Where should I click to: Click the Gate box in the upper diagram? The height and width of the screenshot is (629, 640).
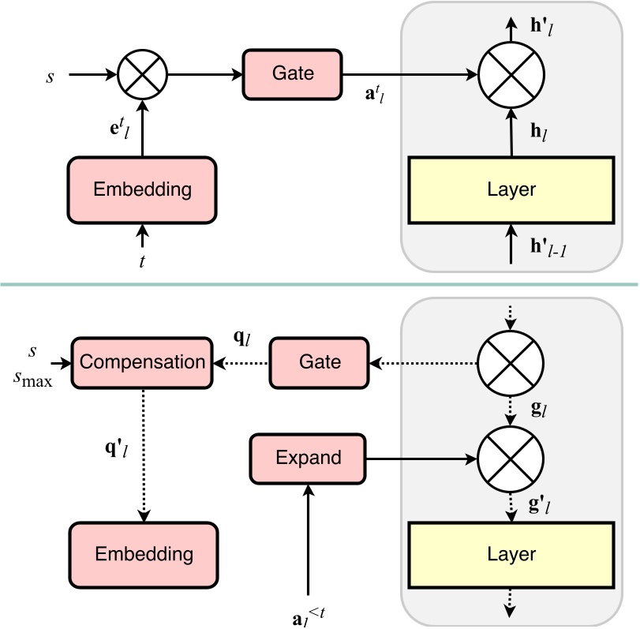click(x=293, y=74)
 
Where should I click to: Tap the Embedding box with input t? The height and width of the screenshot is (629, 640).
click(x=142, y=189)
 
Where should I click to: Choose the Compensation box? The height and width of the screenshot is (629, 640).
click(x=142, y=362)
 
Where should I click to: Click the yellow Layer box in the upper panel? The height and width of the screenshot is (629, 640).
click(x=512, y=189)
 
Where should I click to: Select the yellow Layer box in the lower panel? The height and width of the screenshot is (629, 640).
click(x=512, y=553)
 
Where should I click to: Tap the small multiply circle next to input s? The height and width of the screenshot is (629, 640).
click(x=141, y=75)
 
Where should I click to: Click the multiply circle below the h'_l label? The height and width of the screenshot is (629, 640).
click(x=512, y=75)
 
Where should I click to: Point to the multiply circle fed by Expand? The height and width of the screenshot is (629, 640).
click(x=512, y=457)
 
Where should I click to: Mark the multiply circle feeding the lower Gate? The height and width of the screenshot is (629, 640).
click(x=512, y=362)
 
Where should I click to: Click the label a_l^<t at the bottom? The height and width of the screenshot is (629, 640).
click(x=309, y=611)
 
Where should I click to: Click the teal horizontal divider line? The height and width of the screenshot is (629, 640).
click(x=320, y=284)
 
